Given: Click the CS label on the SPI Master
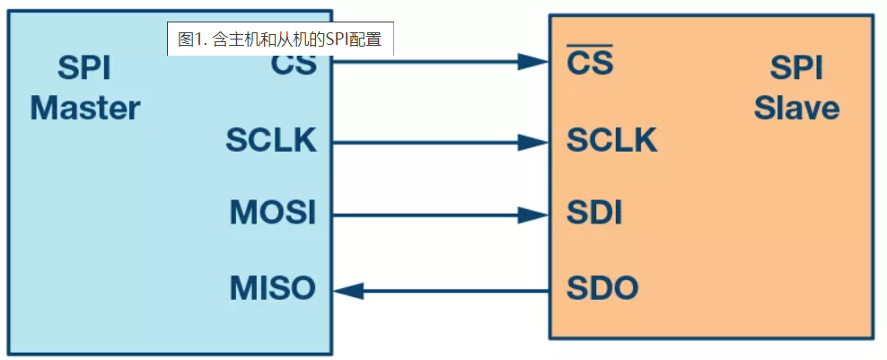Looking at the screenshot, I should (x=293, y=65).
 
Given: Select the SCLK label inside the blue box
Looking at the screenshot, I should (x=271, y=140).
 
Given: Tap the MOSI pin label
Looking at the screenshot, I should (x=273, y=215).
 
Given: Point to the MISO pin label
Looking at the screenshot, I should (x=273, y=288).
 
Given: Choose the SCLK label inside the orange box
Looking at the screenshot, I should (x=611, y=140).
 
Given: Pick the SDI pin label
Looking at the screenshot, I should (x=594, y=215).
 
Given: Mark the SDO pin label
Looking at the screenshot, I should (x=602, y=288).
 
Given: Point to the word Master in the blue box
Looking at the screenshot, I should (x=85, y=109).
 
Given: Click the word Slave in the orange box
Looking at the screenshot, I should (x=796, y=109).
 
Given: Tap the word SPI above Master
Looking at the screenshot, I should (x=85, y=68).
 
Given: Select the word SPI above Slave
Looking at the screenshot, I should (x=797, y=68).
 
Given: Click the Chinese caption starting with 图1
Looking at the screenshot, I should (x=280, y=40).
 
